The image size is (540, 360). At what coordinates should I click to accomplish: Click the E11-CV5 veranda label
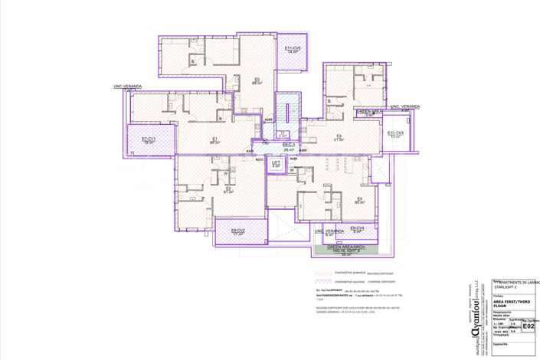(292, 50)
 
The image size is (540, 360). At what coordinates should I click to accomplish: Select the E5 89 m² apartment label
(257, 81)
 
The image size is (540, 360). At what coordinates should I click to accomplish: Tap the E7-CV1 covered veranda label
(149, 140)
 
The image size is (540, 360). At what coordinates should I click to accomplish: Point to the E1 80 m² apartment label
(215, 141)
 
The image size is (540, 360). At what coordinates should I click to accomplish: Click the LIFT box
(277, 164)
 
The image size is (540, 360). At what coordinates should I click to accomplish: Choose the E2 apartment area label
(227, 190)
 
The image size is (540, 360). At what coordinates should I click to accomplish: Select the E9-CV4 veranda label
(357, 229)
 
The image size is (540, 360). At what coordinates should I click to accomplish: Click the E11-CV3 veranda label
(395, 134)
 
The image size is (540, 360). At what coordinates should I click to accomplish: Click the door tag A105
(269, 120)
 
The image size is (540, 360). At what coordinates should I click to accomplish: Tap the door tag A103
(303, 151)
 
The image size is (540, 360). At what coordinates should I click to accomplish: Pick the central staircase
(287, 113)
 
